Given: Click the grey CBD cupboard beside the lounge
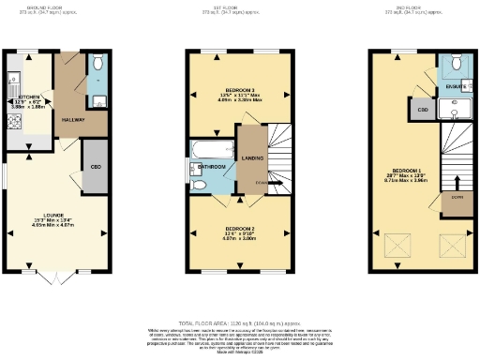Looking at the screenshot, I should (x=95, y=167).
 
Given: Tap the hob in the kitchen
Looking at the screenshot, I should (x=12, y=116).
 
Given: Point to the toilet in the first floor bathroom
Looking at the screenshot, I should (x=201, y=185).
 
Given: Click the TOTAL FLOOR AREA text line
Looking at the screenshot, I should (x=239, y=321).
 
